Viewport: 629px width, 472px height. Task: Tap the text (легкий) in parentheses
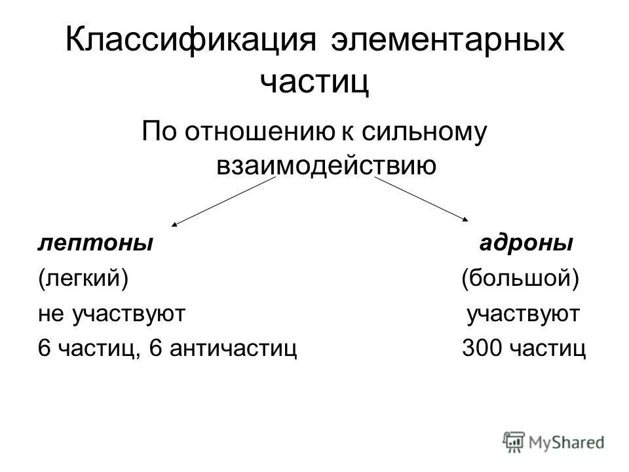82,279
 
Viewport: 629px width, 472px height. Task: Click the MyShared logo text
567,441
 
